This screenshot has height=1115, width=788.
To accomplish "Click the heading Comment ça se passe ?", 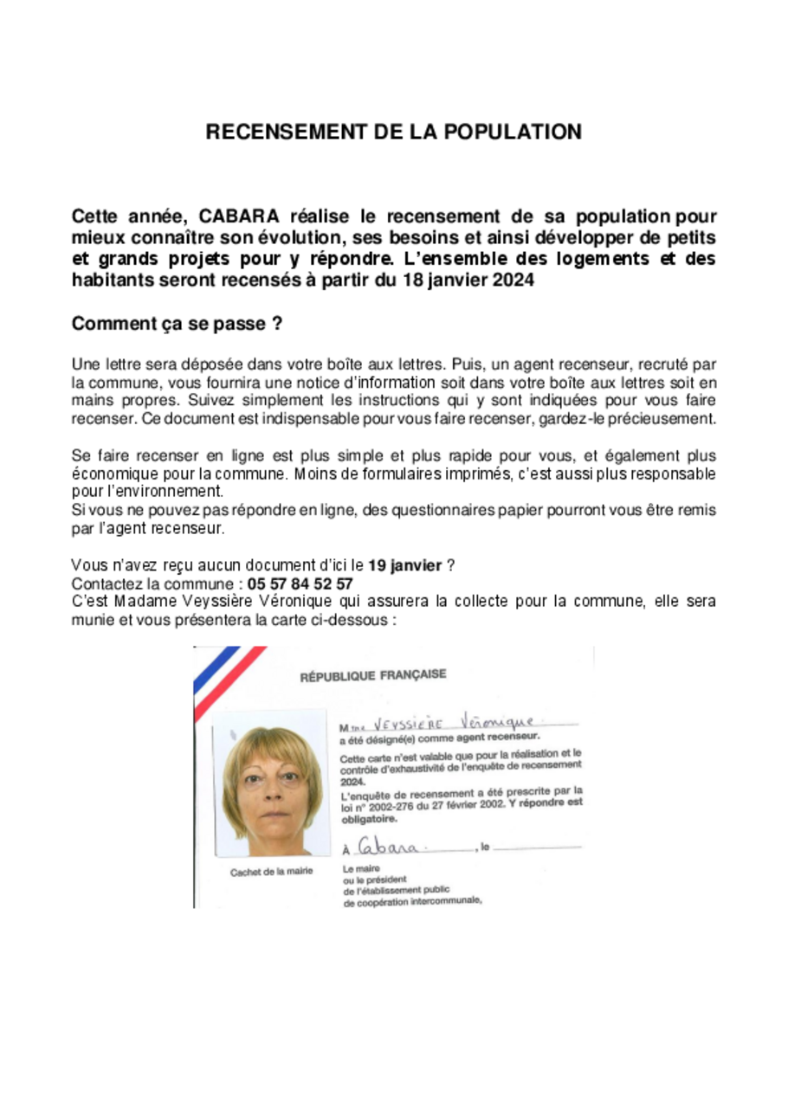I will click(177, 325).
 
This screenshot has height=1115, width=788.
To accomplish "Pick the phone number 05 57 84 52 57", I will click(300, 583).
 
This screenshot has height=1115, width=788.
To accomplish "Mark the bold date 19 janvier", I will click(404, 566).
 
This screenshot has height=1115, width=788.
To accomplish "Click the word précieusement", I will click(663, 419).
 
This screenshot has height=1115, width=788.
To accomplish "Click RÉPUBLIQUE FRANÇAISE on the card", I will click(373, 676).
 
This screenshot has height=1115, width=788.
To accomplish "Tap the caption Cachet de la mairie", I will click(271, 872).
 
